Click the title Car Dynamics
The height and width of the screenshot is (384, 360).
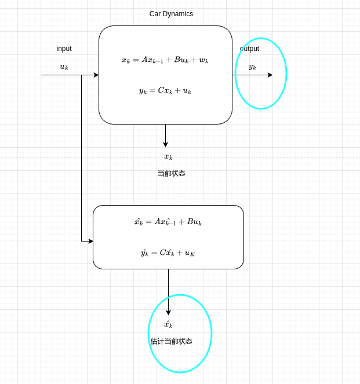pos(171,14)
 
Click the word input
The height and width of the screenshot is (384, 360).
pos(64,49)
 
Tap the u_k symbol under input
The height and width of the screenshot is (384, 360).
pos(64,67)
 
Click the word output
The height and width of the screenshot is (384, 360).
pos(249,49)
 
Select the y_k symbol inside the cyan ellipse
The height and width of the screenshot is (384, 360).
pos(252,67)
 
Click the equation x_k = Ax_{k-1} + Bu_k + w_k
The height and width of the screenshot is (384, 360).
pos(165,60)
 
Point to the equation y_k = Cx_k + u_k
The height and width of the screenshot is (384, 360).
pos(165,90)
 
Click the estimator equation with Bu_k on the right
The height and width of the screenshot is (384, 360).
pos(168,222)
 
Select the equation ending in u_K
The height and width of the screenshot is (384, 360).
pos(168,253)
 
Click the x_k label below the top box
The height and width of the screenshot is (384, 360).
pos(168,156)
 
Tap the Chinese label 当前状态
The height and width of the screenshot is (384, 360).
pos(171,173)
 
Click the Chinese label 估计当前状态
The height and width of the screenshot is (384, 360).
pos(171,341)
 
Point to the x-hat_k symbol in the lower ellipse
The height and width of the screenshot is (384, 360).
pos(168,324)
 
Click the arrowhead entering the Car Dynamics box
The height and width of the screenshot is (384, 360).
pos(96,75)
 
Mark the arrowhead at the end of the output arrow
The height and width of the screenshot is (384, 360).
pos(270,75)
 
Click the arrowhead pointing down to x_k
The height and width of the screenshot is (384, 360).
pos(165,145)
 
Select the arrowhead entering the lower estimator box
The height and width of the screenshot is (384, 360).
pos(90,241)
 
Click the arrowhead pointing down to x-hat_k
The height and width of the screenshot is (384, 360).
pos(168,313)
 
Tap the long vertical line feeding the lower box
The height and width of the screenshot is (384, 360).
pos(81,156)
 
